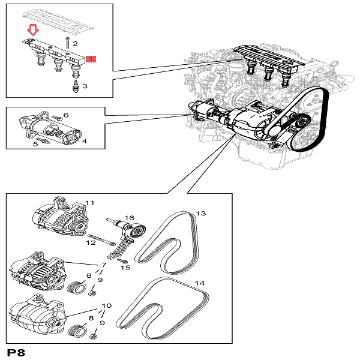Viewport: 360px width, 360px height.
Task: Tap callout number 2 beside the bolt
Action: pos(76,44)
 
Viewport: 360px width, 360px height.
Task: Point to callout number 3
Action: pos(85,86)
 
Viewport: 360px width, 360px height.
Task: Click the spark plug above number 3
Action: pos(75,86)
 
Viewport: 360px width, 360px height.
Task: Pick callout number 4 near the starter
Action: pos(84,142)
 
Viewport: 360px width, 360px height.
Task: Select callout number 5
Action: pos(35,143)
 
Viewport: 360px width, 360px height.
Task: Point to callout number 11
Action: pos(90,203)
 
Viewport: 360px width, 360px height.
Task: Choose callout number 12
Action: pos(91,243)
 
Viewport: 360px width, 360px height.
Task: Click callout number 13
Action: pos(200,213)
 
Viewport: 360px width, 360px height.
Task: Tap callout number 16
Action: pos(128,218)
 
